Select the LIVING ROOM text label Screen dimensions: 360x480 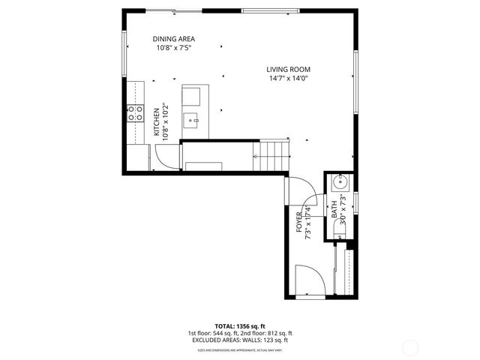289,70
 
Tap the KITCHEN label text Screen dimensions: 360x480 157,121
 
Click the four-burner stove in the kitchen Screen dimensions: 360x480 135,113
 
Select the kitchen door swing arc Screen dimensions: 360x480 166,157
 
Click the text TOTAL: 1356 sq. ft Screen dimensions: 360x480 239,326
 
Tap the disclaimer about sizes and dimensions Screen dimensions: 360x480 239,349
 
